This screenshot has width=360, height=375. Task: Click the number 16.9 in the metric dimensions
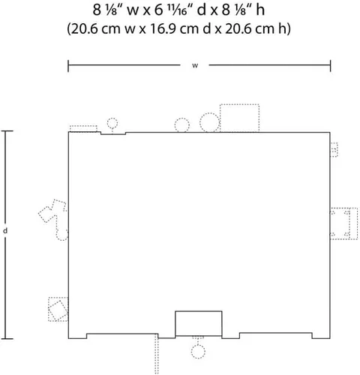click(x=163, y=28)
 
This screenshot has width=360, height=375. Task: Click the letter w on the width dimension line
click(x=195, y=65)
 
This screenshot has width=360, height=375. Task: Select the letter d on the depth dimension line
click(x=5, y=230)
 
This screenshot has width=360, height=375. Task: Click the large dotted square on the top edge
click(x=239, y=118)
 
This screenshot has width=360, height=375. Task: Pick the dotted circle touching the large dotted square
click(x=209, y=122)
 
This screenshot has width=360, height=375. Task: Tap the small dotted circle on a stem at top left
click(x=112, y=123)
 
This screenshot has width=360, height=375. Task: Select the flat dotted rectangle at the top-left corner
click(x=83, y=128)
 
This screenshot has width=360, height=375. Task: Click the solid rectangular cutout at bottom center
click(x=199, y=323)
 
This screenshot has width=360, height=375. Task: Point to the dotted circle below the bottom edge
click(x=198, y=352)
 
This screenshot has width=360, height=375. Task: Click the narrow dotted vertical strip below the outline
click(x=157, y=354)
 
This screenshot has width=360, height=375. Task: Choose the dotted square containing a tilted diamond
click(x=58, y=309)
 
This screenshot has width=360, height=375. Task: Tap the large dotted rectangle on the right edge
click(x=343, y=223)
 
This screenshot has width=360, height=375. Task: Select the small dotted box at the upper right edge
click(x=334, y=150)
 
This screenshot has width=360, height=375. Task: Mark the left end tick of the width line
click(x=68, y=66)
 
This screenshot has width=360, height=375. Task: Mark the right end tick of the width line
click(x=330, y=66)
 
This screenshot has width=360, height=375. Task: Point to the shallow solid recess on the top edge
click(x=113, y=133)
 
